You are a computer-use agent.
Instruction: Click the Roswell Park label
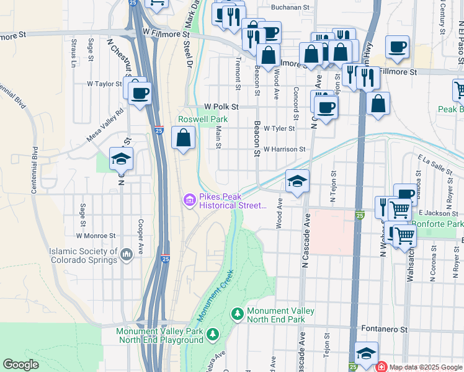click(x=203, y=119)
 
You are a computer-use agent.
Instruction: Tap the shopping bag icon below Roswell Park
click(x=184, y=138)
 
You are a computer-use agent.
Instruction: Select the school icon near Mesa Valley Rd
click(x=121, y=159)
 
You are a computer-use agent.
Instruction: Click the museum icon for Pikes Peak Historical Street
click(x=189, y=200)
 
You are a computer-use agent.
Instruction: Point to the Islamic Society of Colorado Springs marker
click(x=127, y=255)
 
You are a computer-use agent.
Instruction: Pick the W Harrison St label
click(x=284, y=149)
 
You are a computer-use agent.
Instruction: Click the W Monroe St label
click(x=96, y=236)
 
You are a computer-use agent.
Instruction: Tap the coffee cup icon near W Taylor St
click(x=140, y=93)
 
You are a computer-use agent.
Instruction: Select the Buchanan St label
click(x=290, y=7)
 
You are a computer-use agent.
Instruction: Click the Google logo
click(x=20, y=365)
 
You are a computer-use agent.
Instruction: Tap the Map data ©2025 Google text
click(x=426, y=367)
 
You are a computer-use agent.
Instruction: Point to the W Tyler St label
click(x=279, y=128)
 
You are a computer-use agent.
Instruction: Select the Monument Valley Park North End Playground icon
click(x=213, y=335)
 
